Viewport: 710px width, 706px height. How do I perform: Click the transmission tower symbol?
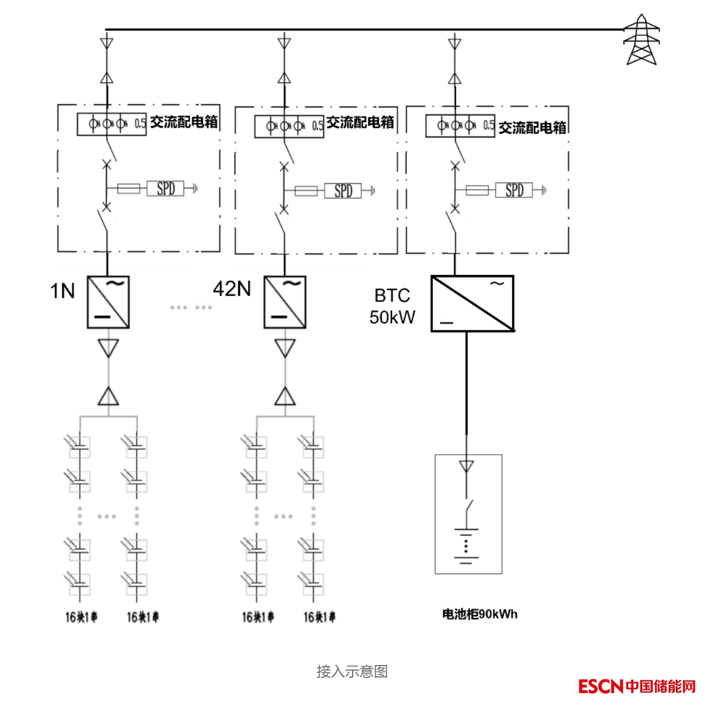point(641,40)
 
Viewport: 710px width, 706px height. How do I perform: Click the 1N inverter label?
point(62,291)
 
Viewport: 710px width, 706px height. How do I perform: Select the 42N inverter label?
point(232,289)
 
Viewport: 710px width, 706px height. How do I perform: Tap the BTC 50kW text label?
point(392,306)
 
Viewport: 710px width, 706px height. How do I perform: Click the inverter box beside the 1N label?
point(108,302)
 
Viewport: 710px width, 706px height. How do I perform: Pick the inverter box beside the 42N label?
point(285,302)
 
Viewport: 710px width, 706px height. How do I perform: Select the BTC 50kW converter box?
point(472,303)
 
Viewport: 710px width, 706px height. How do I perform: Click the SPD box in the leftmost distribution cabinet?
point(165,188)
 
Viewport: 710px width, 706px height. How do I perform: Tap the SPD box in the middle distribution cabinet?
point(343,191)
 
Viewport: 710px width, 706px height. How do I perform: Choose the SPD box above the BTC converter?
point(514,190)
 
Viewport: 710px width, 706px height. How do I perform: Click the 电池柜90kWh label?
point(480,614)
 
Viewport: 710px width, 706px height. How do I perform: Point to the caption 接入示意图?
point(352,671)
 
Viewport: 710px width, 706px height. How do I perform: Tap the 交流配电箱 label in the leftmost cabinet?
point(183,122)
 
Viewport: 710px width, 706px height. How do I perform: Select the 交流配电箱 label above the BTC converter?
point(532,128)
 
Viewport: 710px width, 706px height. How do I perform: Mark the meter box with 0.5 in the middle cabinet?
point(289,126)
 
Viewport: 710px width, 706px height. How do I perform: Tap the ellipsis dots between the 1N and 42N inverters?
point(191,307)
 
